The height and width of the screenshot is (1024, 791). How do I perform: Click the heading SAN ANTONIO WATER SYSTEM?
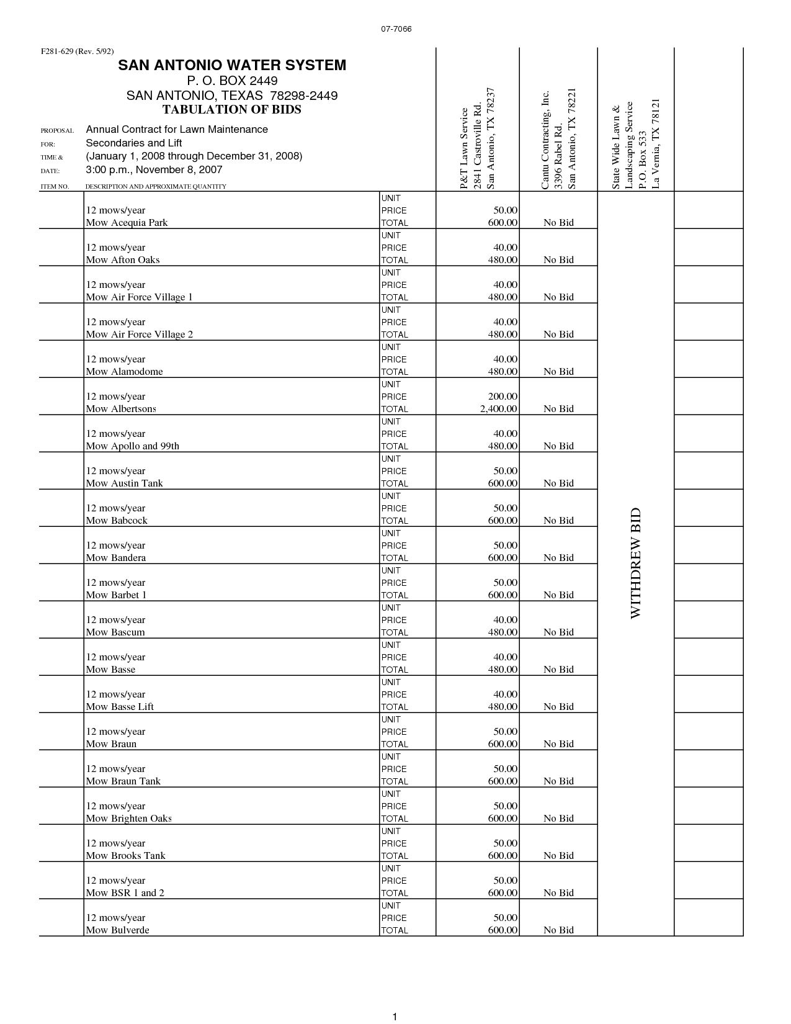pos(232,65)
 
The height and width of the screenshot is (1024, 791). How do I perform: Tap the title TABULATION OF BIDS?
pos(231,110)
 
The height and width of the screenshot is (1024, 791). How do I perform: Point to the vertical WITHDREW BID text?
pos(635,564)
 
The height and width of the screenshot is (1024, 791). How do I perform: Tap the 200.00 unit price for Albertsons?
pos(503,397)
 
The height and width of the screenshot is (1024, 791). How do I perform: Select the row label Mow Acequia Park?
pos(127,223)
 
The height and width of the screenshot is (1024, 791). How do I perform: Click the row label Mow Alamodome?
pos(124,372)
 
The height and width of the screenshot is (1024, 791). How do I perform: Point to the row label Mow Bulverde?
pos(117,930)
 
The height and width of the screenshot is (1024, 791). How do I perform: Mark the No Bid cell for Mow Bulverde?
pos(558,930)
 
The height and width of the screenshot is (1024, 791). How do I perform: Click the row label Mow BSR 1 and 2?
pos(125,893)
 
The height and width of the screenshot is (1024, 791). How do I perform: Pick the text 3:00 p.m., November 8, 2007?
pos(154,170)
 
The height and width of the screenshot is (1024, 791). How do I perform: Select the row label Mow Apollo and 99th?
pos(132,446)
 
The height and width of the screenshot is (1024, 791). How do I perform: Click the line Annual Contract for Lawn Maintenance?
pos(177,130)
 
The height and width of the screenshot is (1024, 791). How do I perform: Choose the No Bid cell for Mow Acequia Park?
pos(558,223)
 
